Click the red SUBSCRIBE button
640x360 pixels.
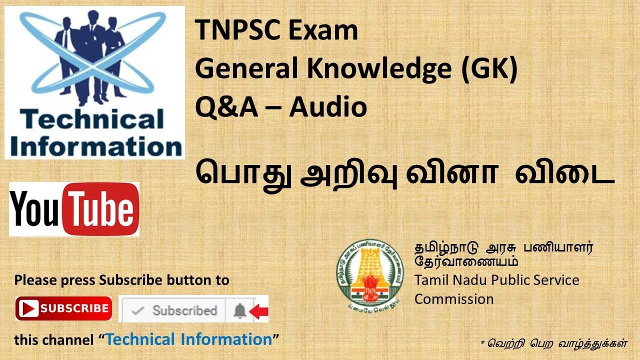coord(63,308)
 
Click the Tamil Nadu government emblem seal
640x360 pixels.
coord(370,272)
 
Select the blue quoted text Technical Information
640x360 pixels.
coord(189,340)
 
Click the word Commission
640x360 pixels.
coord(453,299)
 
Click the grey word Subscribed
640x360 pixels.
coord(184,310)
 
